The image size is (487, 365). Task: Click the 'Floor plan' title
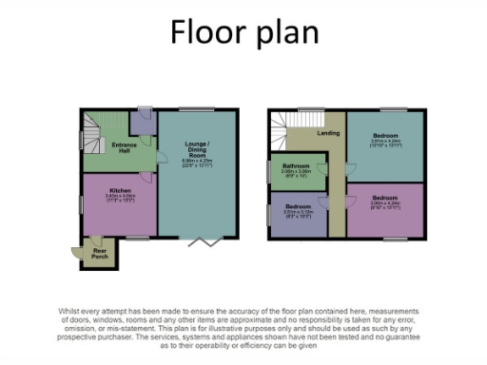click(x=243, y=34)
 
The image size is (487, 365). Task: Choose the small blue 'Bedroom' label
click(x=297, y=206)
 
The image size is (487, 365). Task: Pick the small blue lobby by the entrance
click(x=144, y=122)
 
